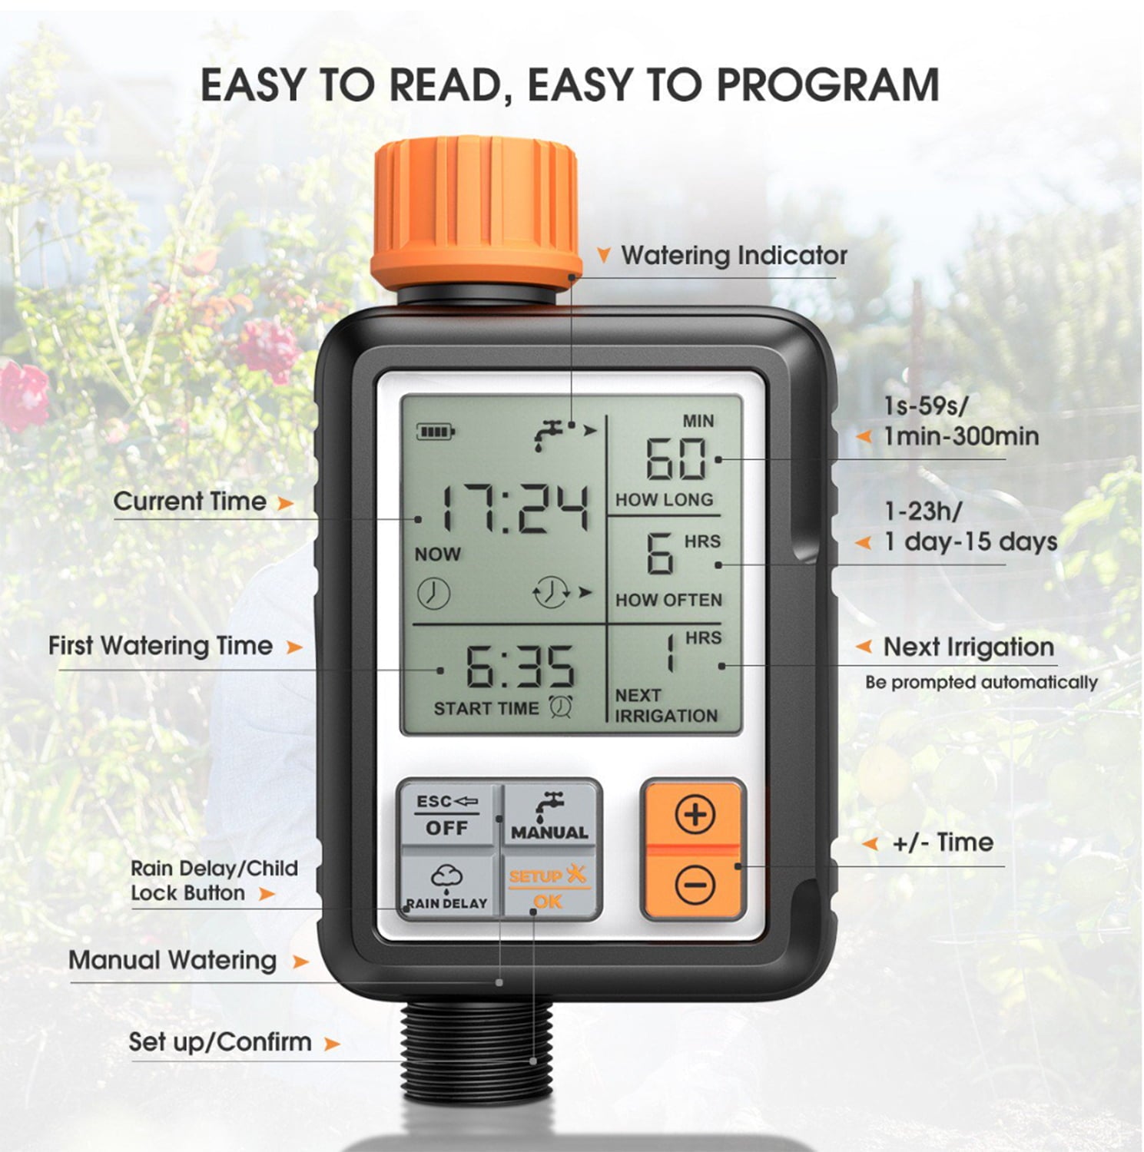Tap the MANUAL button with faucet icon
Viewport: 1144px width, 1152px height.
[549, 816]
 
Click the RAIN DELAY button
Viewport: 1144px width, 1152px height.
[447, 887]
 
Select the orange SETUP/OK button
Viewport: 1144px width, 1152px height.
[549, 887]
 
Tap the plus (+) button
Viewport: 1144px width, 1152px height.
[695, 815]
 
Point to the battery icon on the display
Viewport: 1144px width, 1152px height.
[436, 432]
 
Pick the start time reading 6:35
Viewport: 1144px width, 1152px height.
[520, 666]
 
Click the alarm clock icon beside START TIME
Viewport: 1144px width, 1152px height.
[560, 707]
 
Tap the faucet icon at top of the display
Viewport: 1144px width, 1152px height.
[552, 434]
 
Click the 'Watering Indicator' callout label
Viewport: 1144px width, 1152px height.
[734, 255]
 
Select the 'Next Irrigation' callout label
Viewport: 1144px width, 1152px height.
[968, 647]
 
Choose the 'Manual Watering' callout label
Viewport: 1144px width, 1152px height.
[172, 960]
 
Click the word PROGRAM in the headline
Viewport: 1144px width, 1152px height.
[827, 84]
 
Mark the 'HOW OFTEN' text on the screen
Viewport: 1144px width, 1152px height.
[668, 600]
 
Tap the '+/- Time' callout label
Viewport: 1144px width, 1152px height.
[942, 842]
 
